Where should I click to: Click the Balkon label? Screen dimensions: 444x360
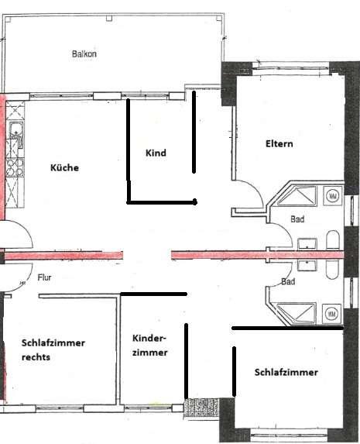coord(84,54)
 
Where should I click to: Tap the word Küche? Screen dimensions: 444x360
coord(64,167)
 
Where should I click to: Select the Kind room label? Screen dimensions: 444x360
coord(156,153)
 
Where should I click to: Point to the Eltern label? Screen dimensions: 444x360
coord(279,143)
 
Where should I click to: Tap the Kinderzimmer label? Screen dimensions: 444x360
coord(149,345)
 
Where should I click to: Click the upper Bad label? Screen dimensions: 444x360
coord(297,219)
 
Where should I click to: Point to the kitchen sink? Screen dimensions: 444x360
coord(15,129)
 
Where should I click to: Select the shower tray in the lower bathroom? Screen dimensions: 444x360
coord(298,312)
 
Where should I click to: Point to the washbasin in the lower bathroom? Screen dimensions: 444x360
coord(307,264)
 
